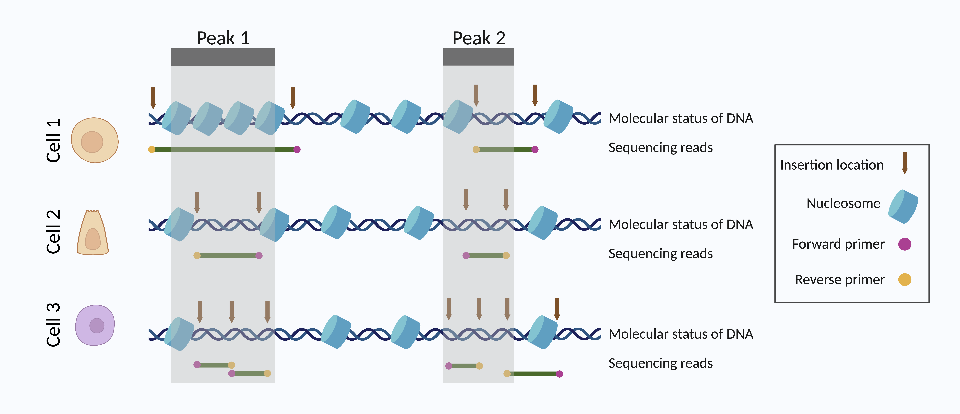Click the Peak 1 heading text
tap(223, 38)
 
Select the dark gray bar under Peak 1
tap(223, 57)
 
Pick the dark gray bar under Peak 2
tap(478, 57)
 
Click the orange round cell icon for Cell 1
tap(95, 140)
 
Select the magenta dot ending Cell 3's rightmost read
tap(559, 374)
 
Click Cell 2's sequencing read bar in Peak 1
tap(228, 255)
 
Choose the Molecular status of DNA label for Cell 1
tap(680, 118)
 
